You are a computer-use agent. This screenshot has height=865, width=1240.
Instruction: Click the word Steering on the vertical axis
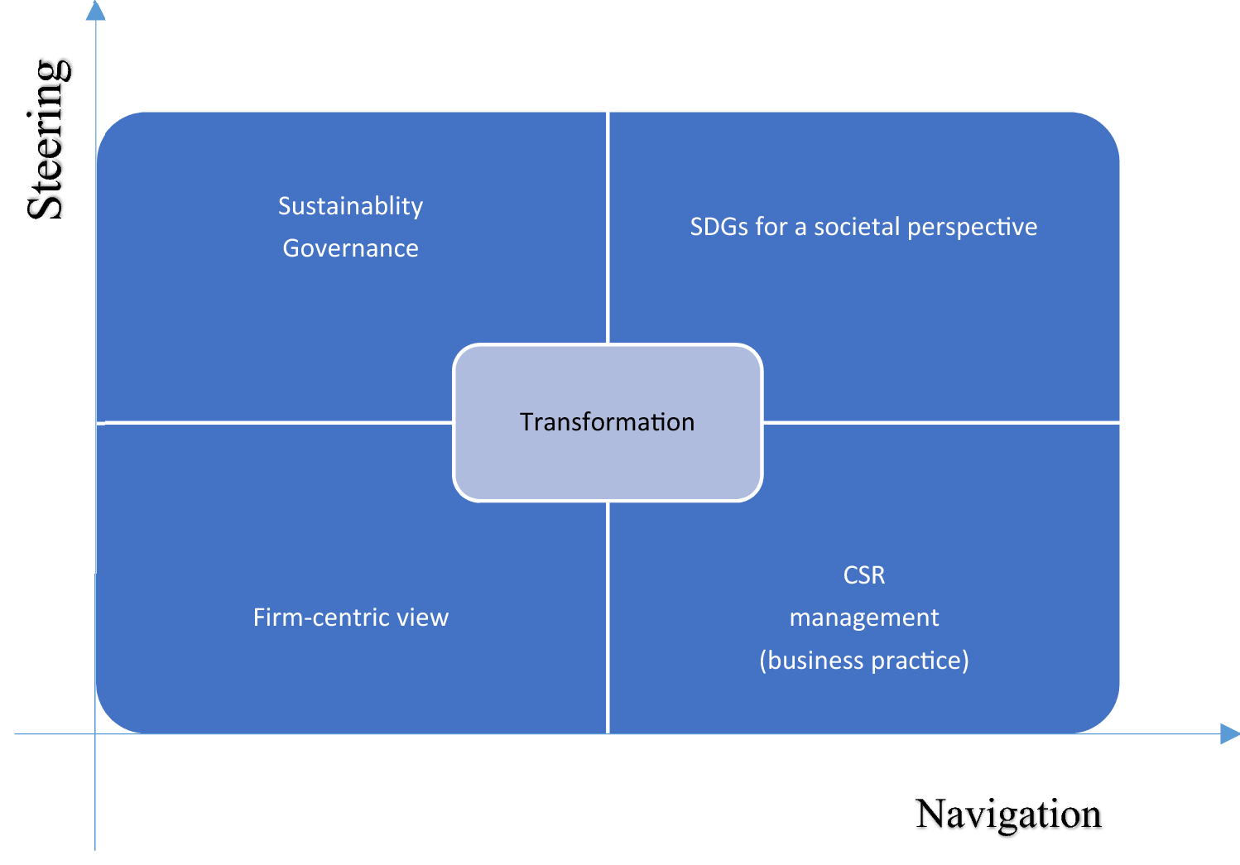47,139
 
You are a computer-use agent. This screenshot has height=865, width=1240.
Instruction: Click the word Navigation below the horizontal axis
1007,815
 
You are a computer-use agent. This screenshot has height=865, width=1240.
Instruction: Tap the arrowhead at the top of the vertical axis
96,11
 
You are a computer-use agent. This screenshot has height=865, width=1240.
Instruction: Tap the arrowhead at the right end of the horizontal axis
1229,733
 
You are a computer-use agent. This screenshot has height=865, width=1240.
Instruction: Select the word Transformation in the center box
607,422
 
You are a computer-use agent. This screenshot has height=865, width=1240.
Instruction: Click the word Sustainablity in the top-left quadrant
350,206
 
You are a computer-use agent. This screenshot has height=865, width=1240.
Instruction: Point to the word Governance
350,248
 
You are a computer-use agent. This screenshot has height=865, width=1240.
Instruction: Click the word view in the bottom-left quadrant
422,618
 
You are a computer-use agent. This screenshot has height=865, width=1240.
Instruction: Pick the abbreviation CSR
863,575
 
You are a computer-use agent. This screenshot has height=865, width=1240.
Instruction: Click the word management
863,618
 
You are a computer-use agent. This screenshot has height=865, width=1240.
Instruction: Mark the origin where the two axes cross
95,733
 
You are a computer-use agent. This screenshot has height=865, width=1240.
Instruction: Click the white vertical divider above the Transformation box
608,228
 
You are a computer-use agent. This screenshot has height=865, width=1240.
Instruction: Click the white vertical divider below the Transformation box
608,617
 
